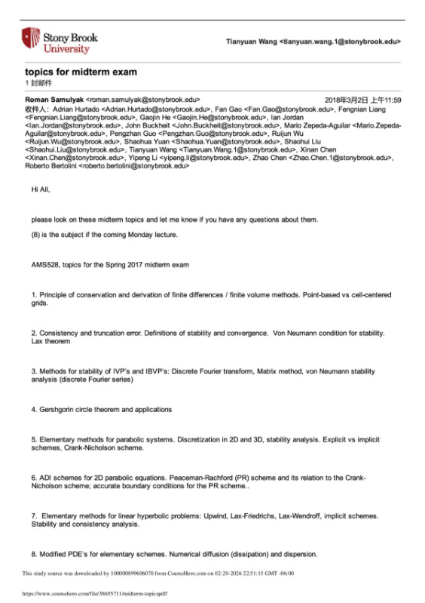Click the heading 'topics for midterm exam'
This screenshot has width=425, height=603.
point(71,72)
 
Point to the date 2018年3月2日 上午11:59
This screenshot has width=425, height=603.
point(362,100)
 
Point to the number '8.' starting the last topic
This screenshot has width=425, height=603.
point(35,554)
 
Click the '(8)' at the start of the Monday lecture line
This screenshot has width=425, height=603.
point(37,235)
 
